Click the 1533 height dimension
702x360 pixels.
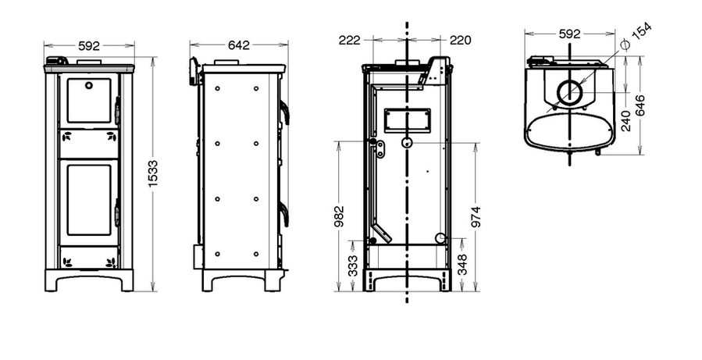(154, 173)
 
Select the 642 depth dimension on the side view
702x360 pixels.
(239, 45)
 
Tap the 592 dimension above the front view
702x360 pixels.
(89, 45)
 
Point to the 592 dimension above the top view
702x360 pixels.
(569, 34)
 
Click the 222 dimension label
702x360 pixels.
(350, 41)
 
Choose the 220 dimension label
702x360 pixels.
(461, 41)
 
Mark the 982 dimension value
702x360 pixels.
(340, 216)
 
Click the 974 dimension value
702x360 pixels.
(476, 217)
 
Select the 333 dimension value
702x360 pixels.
(353, 266)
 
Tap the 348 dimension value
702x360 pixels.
(462, 265)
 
